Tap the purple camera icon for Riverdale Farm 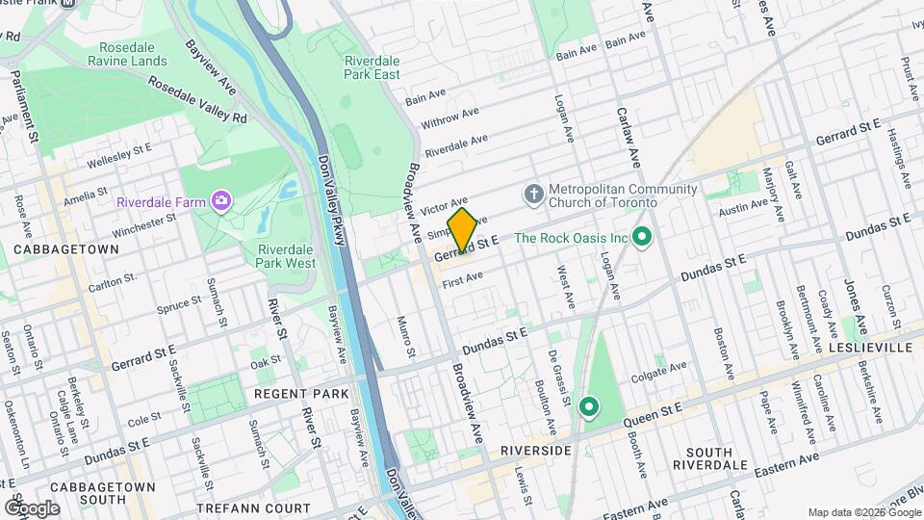[x=223, y=201]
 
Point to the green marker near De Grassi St [x=589, y=409]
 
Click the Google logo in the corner [x=32, y=507]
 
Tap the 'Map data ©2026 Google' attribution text [x=863, y=512]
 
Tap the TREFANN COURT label [x=253, y=507]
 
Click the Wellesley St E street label [x=119, y=154]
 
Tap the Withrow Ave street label [x=449, y=119]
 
